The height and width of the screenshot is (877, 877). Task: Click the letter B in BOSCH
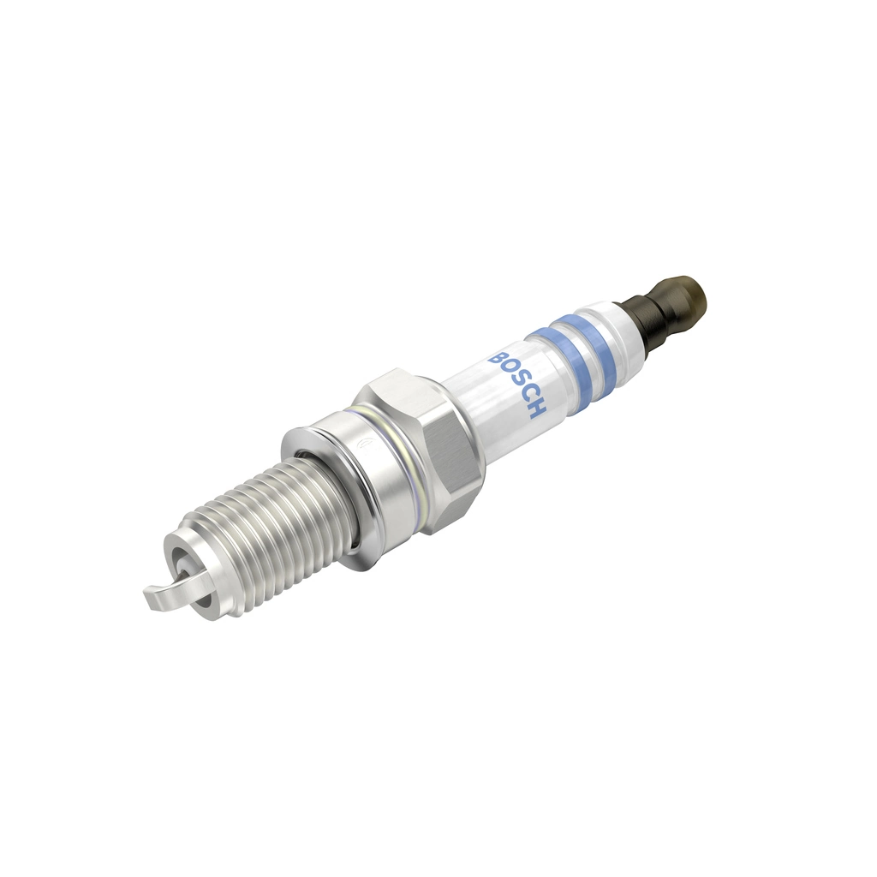497,360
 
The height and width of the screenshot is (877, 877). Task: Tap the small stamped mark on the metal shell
365,443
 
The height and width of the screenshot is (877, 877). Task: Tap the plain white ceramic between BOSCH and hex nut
480,411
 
